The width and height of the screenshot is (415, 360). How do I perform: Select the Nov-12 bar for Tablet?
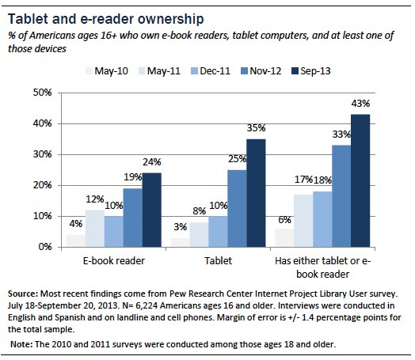[235, 208]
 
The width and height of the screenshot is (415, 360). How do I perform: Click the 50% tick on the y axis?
[37, 93]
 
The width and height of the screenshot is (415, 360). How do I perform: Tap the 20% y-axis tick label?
[37, 185]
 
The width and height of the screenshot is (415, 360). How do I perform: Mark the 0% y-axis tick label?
[40, 247]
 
